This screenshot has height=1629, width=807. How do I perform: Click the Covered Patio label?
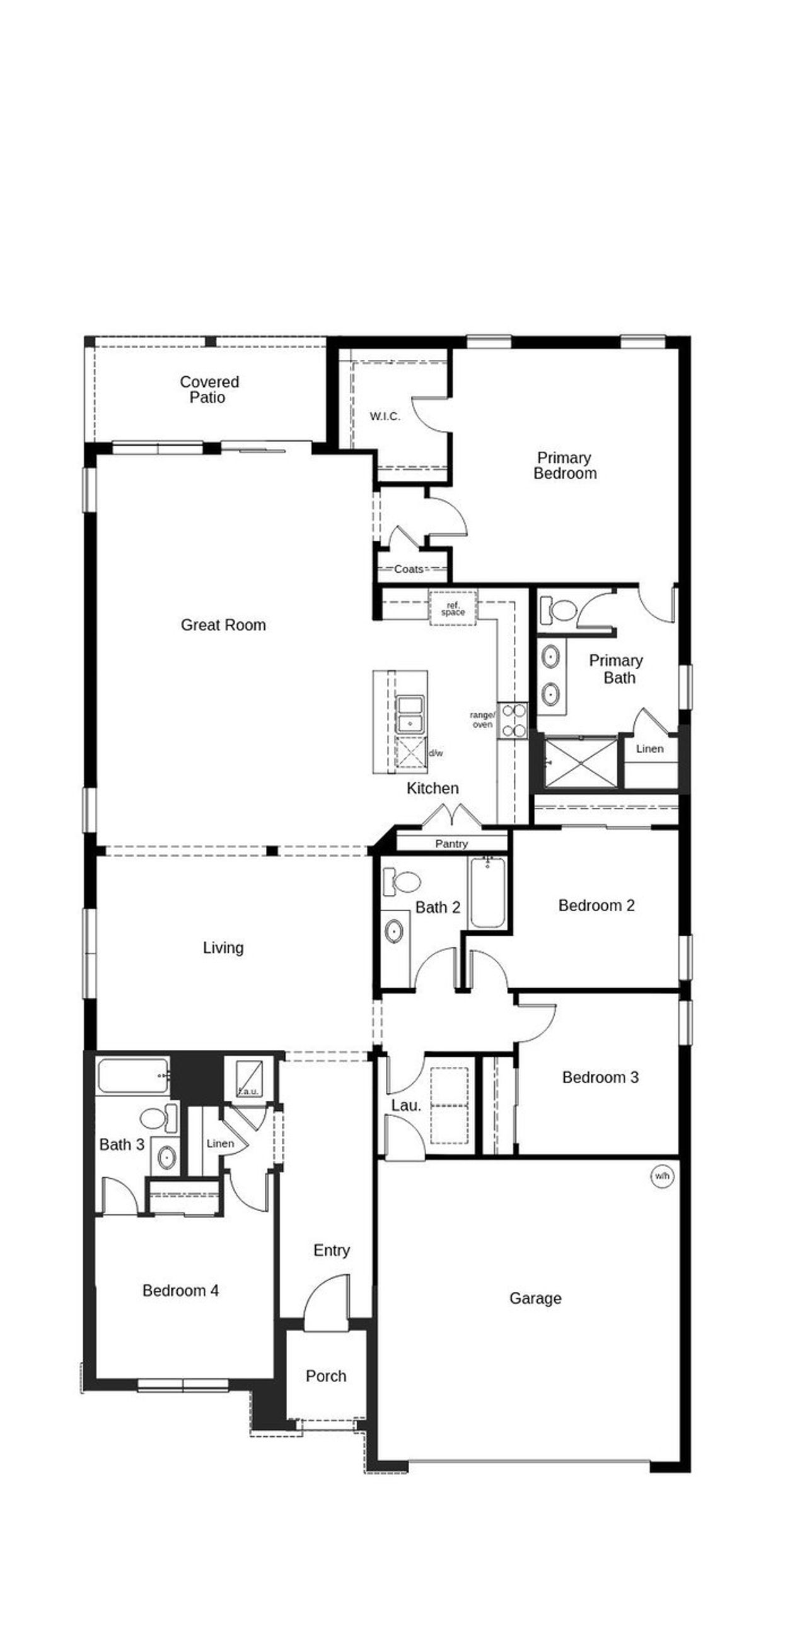tap(209, 389)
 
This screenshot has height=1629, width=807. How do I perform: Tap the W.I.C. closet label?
tap(385, 416)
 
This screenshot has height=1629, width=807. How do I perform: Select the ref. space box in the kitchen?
tap(453, 608)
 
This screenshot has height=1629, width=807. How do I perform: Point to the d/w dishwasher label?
tap(436, 753)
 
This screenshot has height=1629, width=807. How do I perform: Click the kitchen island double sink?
tap(410, 714)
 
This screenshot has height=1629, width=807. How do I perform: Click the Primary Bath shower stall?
tap(580, 764)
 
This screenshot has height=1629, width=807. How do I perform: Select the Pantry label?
tap(451, 844)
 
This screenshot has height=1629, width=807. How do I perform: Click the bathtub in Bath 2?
tap(487, 892)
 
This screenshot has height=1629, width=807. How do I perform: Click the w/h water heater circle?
tap(661, 1176)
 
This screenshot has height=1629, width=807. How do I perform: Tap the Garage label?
tap(535, 1298)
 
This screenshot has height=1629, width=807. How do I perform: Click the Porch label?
tap(326, 1376)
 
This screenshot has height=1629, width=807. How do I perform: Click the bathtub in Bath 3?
tap(133, 1076)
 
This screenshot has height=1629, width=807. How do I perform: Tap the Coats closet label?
tap(409, 569)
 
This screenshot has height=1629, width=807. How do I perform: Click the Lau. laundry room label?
tap(405, 1105)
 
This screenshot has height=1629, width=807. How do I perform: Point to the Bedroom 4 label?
tap(180, 1291)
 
